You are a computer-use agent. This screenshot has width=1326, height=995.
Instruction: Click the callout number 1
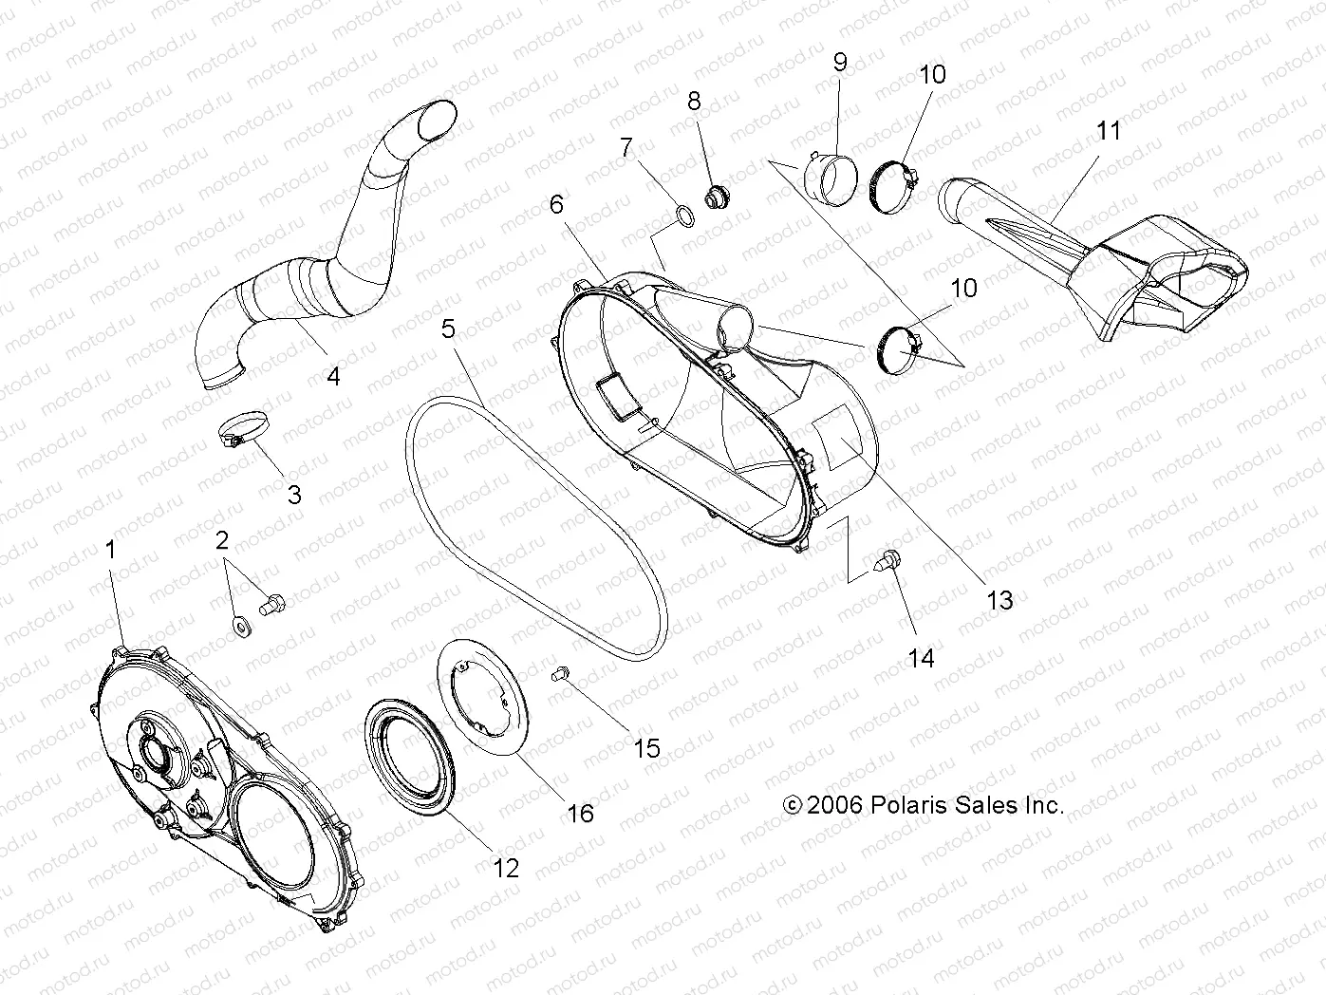point(110,550)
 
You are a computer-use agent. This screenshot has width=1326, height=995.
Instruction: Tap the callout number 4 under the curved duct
point(333,376)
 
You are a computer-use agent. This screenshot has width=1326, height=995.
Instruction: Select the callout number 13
point(1000,600)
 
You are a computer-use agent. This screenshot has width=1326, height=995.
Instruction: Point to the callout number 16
point(580,813)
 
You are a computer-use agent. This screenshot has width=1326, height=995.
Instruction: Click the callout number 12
point(507,867)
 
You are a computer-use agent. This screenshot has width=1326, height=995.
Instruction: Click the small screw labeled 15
point(559,673)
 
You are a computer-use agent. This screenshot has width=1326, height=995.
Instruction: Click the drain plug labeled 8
point(715,197)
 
